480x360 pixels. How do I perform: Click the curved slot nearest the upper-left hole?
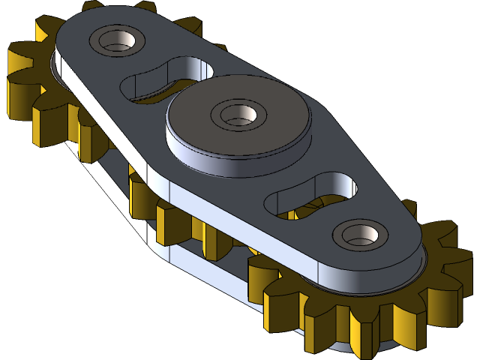click(161, 81)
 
